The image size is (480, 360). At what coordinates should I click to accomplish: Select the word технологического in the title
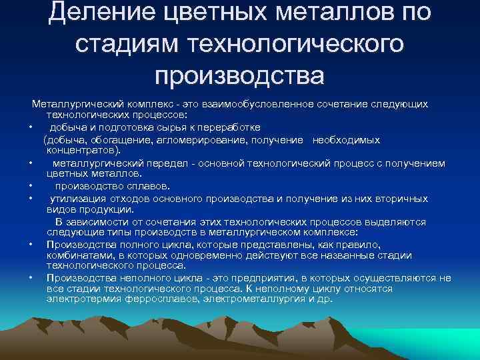pyautogui.click(x=297, y=44)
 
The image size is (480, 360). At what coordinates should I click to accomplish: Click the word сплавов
pyautogui.click(x=149, y=186)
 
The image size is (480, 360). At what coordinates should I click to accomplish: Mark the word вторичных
pyautogui.click(x=403, y=198)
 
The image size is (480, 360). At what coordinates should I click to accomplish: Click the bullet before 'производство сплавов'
pyautogui.click(x=31, y=186)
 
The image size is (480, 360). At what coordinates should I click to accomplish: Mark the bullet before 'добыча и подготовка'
pyautogui.click(x=31, y=127)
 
